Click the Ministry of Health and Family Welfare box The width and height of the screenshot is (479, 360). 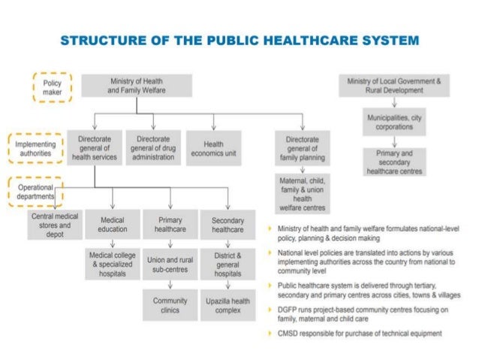point(137,85)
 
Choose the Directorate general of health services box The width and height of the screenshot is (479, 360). point(94,147)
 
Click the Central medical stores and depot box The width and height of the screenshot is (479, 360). point(55,225)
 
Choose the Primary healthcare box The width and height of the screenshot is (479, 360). point(170,225)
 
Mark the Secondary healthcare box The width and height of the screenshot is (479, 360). point(228,225)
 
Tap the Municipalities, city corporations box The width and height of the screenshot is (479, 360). point(394,123)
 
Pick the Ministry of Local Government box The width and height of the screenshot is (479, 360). point(394,85)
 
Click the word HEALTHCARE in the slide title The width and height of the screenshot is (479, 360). point(303,38)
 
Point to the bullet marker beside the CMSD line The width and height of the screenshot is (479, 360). point(270,333)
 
